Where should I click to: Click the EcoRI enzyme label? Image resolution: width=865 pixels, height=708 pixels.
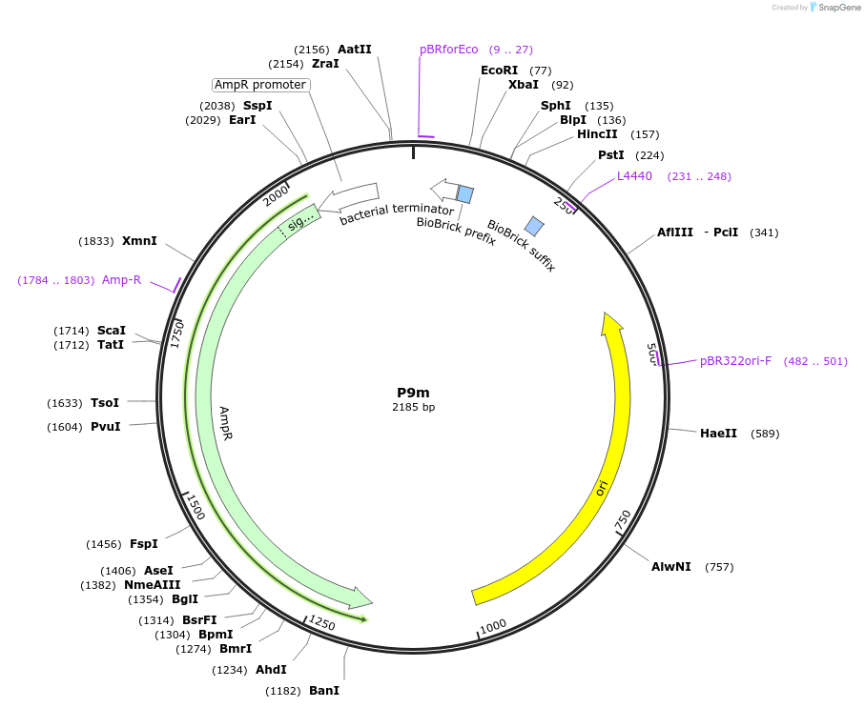tap(499, 71)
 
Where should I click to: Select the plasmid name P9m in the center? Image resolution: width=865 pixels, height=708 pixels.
tap(413, 393)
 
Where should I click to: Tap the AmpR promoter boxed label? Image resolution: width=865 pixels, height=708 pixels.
tap(260, 85)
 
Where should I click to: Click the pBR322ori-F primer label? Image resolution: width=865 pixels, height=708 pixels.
tap(735, 361)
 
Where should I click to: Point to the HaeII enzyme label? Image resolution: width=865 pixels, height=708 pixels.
tap(718, 434)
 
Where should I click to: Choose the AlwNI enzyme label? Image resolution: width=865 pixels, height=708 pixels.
tap(670, 567)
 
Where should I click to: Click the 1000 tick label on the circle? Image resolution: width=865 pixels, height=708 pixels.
tap(493, 625)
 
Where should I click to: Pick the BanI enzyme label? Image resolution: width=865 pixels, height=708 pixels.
tap(323, 690)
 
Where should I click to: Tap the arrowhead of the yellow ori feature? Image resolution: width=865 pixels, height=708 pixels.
tap(608, 323)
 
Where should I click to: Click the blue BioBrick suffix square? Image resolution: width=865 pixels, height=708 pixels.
tap(534, 226)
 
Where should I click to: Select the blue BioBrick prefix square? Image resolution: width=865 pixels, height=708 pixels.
tap(464, 194)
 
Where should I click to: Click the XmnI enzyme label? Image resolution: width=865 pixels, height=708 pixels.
tap(139, 241)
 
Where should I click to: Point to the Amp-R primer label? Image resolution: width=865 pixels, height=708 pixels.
tap(121, 280)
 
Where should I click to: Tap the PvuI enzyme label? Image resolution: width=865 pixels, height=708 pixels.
tap(105, 427)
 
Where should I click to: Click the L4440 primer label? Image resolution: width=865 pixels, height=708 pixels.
tap(634, 176)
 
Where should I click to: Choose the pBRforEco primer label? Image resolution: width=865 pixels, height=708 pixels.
tap(448, 50)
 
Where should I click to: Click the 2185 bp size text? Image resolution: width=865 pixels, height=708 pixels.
tap(413, 407)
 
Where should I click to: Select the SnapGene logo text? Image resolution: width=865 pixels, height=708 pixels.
tap(835, 8)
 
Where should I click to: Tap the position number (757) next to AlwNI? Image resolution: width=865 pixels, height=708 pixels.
tap(719, 567)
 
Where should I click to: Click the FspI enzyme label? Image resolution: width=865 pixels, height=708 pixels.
tap(144, 544)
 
